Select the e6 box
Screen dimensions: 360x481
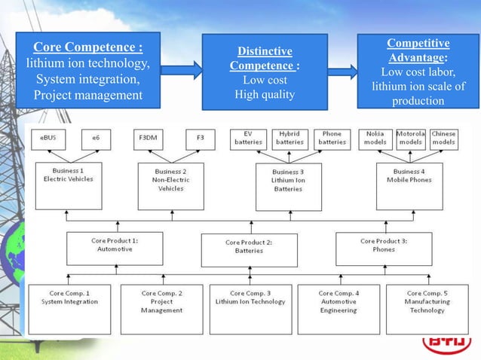[x=95, y=139]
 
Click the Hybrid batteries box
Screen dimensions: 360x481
[x=290, y=138]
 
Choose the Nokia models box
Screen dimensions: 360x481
[x=375, y=138]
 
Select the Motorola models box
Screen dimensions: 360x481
[x=410, y=138]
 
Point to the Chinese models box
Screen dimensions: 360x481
[x=444, y=138]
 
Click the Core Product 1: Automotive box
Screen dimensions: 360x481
[x=115, y=246]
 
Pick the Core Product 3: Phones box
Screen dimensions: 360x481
[x=384, y=246]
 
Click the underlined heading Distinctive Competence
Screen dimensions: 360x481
[x=265, y=59]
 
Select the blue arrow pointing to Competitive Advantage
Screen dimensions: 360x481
[x=342, y=72]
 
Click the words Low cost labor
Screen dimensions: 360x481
[x=418, y=72]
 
